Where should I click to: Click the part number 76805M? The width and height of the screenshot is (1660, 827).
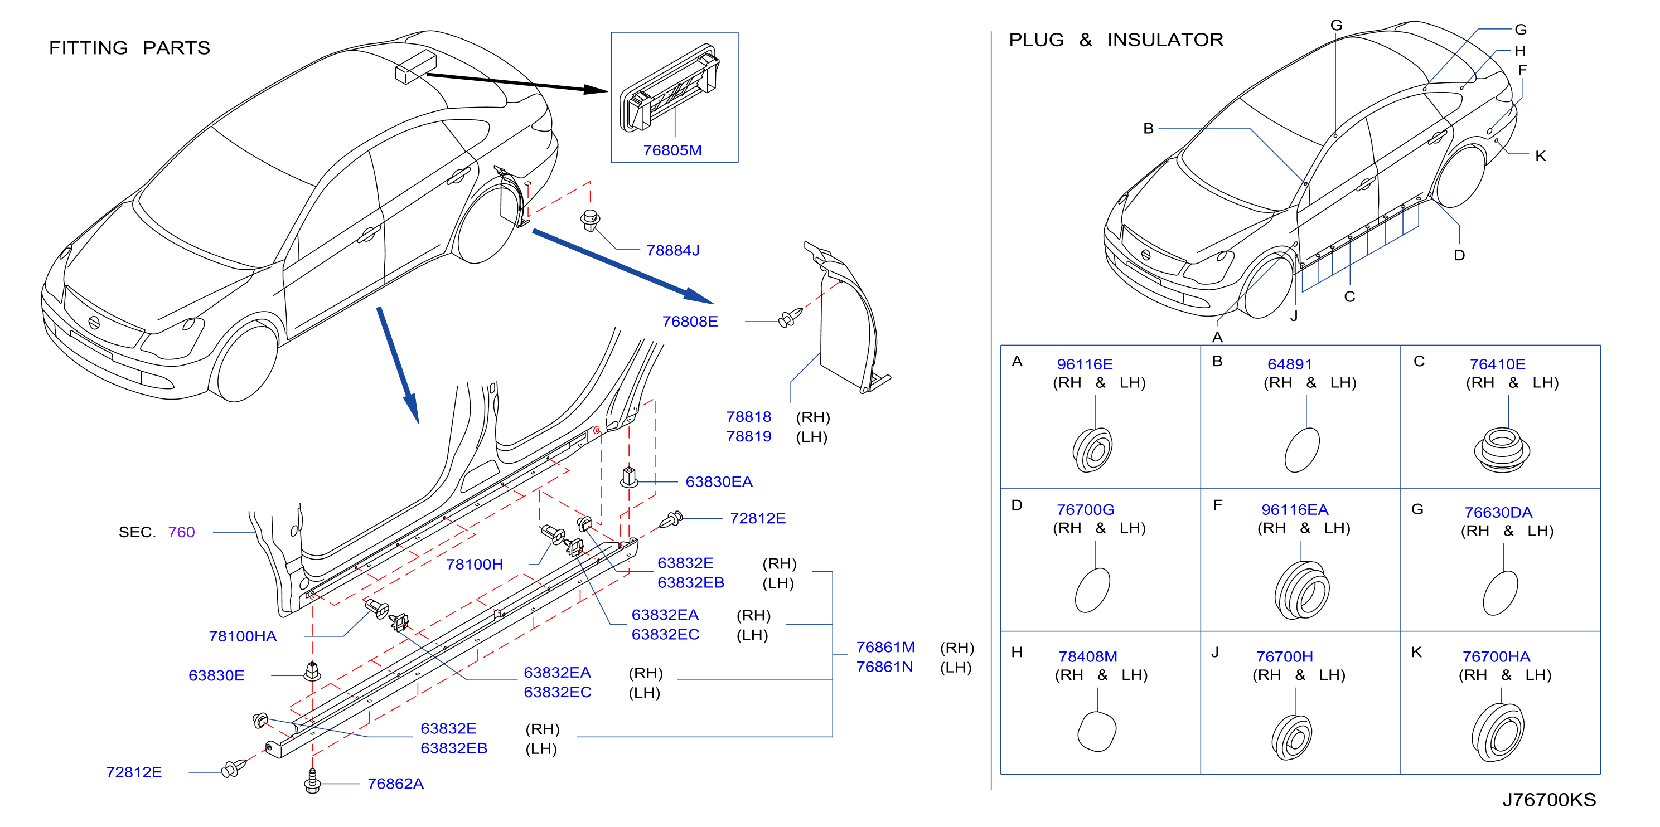pos(672,150)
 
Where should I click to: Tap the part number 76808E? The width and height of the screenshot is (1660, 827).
pos(690,321)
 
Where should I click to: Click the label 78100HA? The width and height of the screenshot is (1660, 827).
pos(243,636)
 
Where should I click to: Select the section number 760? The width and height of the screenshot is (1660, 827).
pos(181,532)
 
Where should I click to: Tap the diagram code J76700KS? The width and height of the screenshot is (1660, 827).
pos(1549,799)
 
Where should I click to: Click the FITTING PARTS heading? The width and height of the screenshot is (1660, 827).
pos(129,48)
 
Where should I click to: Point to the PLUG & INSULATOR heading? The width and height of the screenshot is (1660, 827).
pos(1115,40)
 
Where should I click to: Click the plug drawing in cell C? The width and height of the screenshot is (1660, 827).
pos(1502,450)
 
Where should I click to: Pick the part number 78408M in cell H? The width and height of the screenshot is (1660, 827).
pos(1087,656)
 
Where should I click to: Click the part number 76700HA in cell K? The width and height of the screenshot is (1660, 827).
pos(1496,656)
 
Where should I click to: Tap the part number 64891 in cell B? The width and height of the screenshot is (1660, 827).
pos(1289,364)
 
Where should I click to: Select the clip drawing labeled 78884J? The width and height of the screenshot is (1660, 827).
pos(589,220)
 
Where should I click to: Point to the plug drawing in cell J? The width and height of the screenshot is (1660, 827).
pos(1291,737)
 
